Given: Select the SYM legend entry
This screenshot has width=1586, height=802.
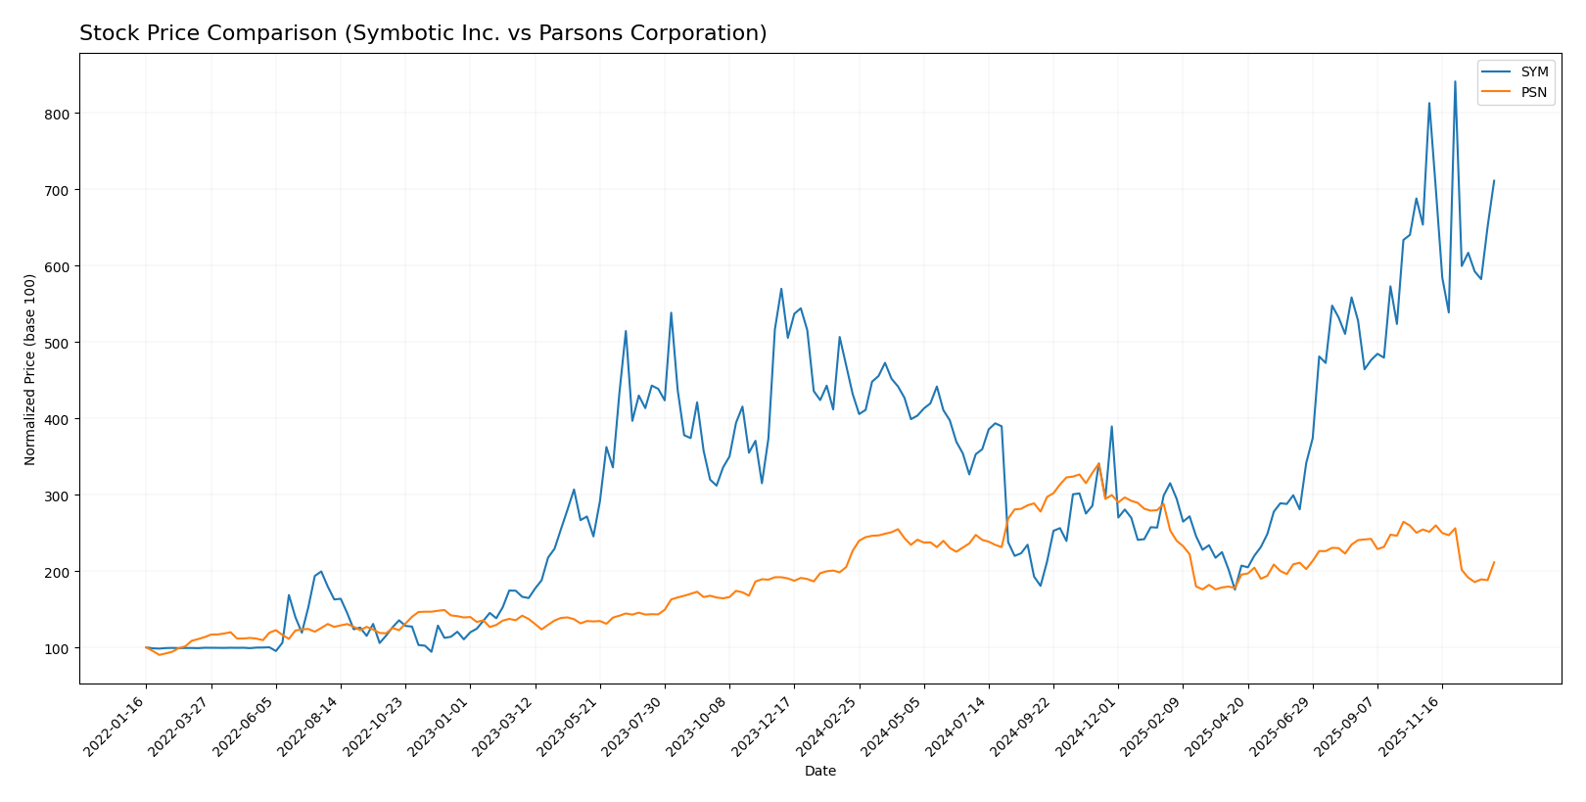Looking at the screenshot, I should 1533,72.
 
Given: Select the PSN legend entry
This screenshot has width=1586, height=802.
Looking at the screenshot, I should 1533,93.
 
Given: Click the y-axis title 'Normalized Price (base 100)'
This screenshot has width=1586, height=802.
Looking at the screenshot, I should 30,369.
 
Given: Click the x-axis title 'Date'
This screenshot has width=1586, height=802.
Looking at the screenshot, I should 819,772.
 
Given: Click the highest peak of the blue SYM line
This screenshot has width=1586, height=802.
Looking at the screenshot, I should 1455,81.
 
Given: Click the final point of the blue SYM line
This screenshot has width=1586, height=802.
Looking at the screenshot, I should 1494,180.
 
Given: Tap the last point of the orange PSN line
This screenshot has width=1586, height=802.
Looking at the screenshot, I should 1494,562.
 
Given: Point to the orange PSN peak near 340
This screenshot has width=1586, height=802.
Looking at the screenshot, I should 1098,463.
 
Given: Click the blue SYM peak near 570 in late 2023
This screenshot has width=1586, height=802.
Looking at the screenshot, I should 781,289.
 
